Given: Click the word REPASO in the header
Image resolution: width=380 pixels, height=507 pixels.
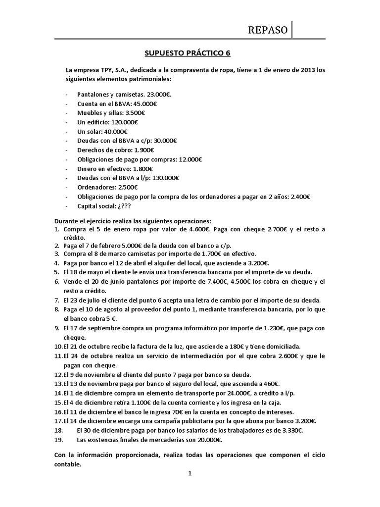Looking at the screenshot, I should pos(268,30).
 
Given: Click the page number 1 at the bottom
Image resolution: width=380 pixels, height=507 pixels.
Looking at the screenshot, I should pos(190,473).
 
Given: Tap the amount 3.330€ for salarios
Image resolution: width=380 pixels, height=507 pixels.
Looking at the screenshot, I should pos(290,430).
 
